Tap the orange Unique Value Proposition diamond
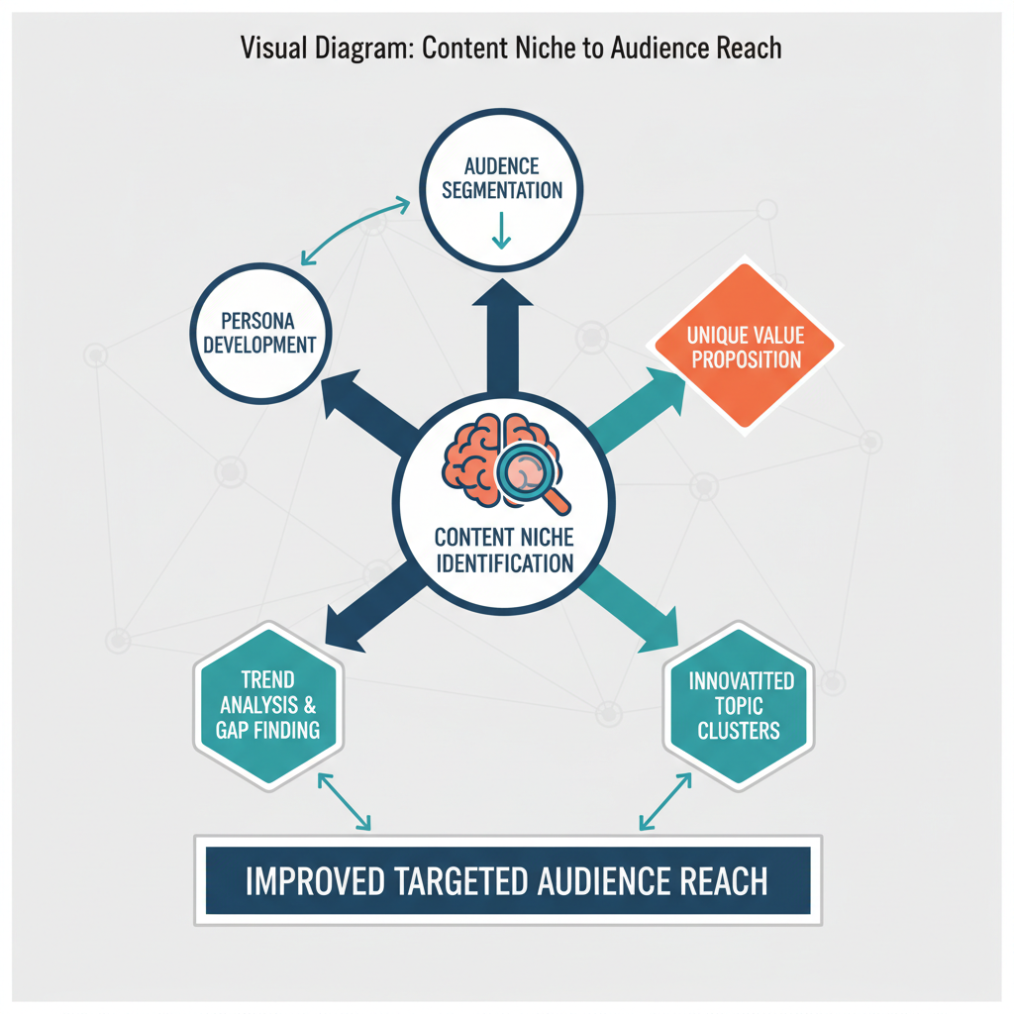coord(746,347)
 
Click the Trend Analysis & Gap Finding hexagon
coord(266,705)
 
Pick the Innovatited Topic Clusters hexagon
coord(739,705)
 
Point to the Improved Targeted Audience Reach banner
coord(506,880)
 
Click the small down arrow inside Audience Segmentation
coord(501,233)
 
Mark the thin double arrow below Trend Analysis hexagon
coord(343,801)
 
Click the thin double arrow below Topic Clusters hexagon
coord(665,801)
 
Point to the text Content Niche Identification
coord(504,551)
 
